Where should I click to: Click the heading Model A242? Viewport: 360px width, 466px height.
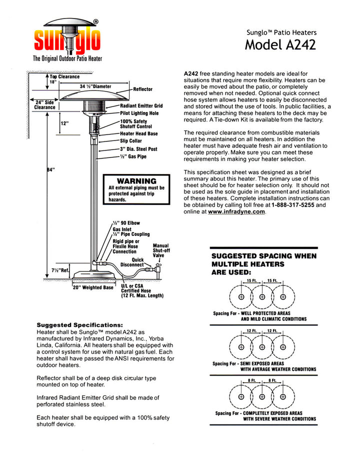click(x=280, y=45)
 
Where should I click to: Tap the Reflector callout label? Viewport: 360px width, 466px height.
click(x=143, y=89)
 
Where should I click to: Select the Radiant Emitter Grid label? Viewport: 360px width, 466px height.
click(x=141, y=106)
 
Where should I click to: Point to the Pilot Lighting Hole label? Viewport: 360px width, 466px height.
click(x=139, y=113)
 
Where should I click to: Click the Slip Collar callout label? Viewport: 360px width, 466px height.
click(x=131, y=141)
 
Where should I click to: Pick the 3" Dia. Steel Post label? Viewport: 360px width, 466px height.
click(x=138, y=149)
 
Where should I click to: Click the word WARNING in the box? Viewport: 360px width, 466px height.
click(x=136, y=180)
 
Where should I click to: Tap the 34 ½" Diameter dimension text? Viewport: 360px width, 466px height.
click(x=95, y=86)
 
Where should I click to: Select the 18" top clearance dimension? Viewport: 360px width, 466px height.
click(x=53, y=82)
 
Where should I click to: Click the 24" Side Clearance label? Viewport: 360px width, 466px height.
click(x=44, y=104)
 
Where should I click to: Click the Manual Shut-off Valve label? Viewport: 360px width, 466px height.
click(x=161, y=250)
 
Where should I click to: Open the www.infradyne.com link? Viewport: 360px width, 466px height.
click(x=236, y=211)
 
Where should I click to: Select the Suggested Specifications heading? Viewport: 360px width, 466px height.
click(x=79, y=324)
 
